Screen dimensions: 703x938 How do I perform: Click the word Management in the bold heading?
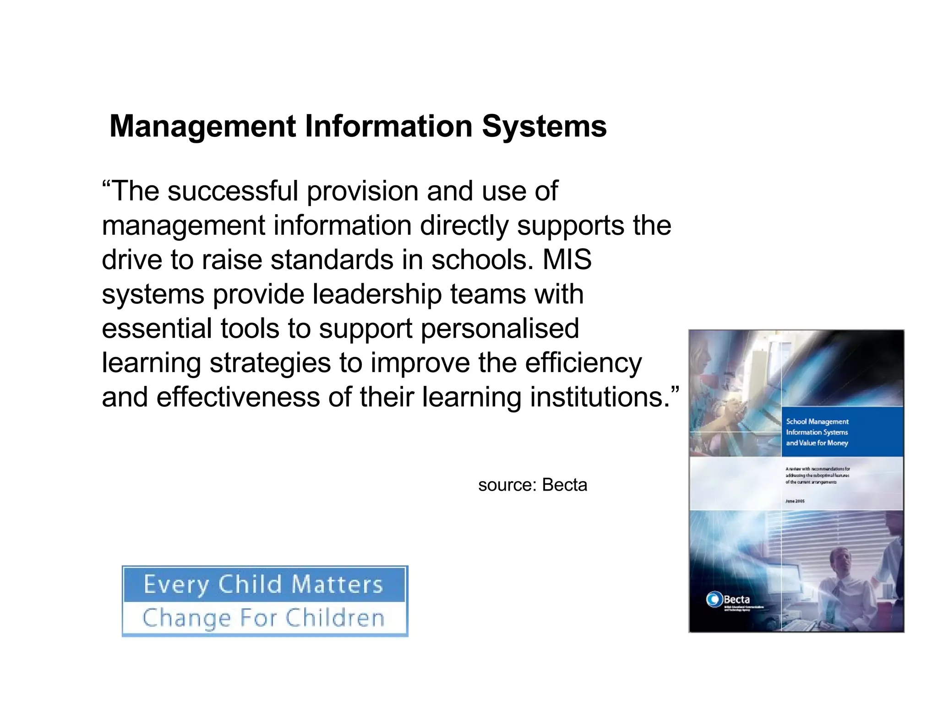(x=203, y=126)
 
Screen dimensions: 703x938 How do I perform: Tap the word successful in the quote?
(x=233, y=191)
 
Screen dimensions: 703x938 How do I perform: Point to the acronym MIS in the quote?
(x=567, y=260)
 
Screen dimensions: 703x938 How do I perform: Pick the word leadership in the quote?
(x=377, y=294)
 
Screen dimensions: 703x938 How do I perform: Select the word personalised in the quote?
(x=500, y=329)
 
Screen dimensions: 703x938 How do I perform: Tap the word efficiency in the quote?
(x=583, y=363)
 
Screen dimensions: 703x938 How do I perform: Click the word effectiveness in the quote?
(x=238, y=397)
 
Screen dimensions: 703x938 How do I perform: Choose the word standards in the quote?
(x=332, y=260)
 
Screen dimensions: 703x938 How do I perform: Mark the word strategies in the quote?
(x=270, y=363)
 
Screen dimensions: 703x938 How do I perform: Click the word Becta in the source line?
(x=564, y=485)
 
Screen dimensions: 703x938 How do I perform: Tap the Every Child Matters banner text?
(x=263, y=584)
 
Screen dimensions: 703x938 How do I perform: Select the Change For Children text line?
(x=263, y=618)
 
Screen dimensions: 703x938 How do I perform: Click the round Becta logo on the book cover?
(x=714, y=599)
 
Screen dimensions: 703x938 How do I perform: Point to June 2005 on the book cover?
(x=795, y=501)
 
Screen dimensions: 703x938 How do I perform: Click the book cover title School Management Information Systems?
(x=817, y=432)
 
